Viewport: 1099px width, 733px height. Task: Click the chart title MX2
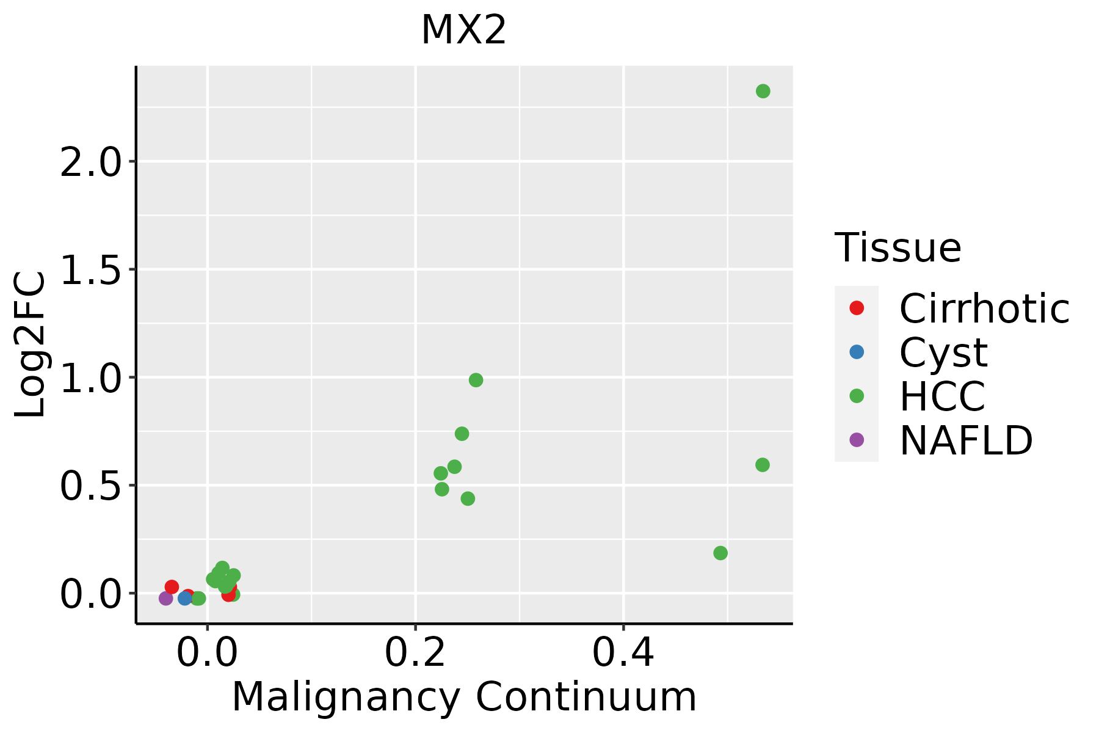click(463, 30)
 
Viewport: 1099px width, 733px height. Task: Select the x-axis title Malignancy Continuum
click(464, 697)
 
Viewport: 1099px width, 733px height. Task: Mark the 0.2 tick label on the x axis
click(415, 654)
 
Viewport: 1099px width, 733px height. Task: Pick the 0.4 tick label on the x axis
click(623, 654)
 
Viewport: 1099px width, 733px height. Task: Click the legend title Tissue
click(898, 248)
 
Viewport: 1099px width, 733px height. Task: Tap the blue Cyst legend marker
click(857, 352)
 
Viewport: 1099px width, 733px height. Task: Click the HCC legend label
click(942, 396)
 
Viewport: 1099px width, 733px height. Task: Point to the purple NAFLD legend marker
click(857, 439)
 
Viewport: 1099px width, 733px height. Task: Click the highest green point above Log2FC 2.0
click(763, 91)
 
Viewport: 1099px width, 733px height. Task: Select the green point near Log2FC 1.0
click(476, 380)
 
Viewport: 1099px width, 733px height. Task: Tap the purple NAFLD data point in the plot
click(165, 598)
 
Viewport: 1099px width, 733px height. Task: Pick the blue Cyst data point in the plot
click(185, 598)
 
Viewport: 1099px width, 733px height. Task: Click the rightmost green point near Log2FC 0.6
click(762, 465)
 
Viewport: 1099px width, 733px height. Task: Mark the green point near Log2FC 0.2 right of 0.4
click(720, 553)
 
